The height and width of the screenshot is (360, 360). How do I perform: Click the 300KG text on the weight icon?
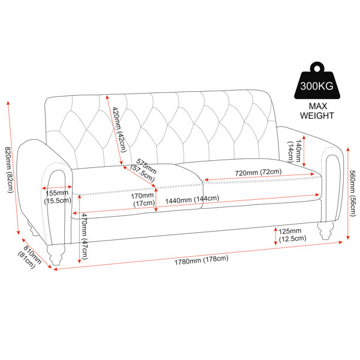coord(317,86)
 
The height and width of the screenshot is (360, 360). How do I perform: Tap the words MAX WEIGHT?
coord(317,111)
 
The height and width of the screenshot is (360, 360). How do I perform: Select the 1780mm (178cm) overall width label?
coord(202,260)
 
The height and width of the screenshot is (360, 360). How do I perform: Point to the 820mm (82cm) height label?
coord(9,170)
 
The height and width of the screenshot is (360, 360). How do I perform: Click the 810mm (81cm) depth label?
coord(29,257)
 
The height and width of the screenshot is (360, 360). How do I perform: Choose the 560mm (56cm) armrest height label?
coord(352,193)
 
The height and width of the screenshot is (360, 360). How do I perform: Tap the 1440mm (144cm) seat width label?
coord(192,199)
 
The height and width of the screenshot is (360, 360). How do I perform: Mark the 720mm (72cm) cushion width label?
coord(258,172)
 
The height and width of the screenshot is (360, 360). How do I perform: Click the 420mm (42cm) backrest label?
coord(119,130)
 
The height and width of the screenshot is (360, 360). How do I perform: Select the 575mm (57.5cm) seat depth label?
coord(144,170)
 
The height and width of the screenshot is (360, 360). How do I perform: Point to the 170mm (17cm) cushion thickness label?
coord(143,200)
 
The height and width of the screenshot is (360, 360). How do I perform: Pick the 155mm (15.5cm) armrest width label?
coord(58,197)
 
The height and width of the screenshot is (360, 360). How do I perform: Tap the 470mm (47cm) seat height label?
coord(83,236)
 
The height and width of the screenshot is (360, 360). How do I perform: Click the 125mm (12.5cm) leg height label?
coord(292,235)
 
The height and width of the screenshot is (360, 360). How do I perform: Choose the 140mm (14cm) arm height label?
coord(295,151)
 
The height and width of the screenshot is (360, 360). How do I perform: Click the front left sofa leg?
coord(56,254)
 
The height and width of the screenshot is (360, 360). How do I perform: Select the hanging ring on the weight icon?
coord(317,68)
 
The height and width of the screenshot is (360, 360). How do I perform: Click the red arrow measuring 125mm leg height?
coord(275,236)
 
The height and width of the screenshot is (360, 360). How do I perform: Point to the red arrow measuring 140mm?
coord(304,151)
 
